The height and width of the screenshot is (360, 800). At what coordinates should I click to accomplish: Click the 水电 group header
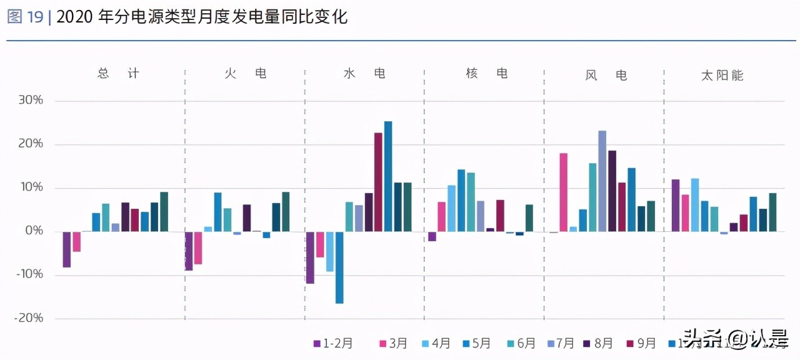point(364,74)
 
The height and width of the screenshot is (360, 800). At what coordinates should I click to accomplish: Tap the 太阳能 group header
point(722,76)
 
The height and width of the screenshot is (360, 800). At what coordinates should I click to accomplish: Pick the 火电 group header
point(246,74)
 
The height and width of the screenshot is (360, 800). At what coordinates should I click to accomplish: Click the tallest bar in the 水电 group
point(388,176)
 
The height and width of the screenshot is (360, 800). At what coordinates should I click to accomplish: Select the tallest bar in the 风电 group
point(602,181)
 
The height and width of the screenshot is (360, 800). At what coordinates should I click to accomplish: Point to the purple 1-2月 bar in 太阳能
point(675,206)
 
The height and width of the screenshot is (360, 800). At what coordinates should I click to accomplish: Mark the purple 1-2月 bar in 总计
point(67,249)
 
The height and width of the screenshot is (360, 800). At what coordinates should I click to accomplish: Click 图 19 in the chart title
point(25,17)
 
